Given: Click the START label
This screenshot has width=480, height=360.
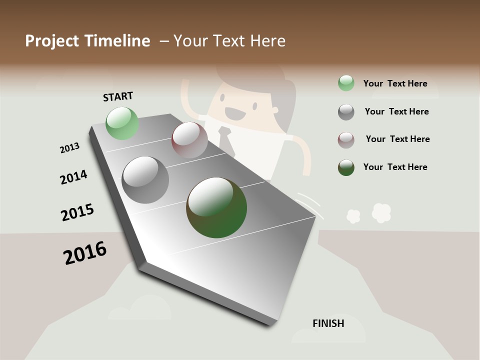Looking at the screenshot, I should pyautogui.click(x=118, y=96).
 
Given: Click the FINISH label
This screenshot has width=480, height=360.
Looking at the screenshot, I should pyautogui.click(x=328, y=323).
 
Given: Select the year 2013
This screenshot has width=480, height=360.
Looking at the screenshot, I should pyautogui.click(x=69, y=148).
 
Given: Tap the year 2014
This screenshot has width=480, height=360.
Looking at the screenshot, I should pyautogui.click(x=73, y=177).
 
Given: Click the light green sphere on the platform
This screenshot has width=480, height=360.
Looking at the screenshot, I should pyautogui.click(x=122, y=123).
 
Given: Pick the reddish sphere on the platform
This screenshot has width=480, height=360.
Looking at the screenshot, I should pyautogui.click(x=189, y=140).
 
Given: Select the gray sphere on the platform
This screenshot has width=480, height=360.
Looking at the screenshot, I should pyautogui.click(x=145, y=180).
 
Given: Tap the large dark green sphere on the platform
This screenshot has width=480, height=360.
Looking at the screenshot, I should pyautogui.click(x=216, y=207).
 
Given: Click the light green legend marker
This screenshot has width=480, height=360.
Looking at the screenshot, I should pyautogui.click(x=346, y=83).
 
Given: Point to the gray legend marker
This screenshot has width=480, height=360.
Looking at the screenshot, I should pyautogui.click(x=346, y=112).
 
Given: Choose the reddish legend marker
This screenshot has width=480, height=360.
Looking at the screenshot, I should pyautogui.click(x=346, y=140).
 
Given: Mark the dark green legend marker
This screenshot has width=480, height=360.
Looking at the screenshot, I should pyautogui.click(x=346, y=167).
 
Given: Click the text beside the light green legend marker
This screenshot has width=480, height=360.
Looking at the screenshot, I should pyautogui.click(x=395, y=83).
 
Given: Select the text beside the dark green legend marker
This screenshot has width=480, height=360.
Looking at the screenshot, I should pyautogui.click(x=395, y=167).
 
